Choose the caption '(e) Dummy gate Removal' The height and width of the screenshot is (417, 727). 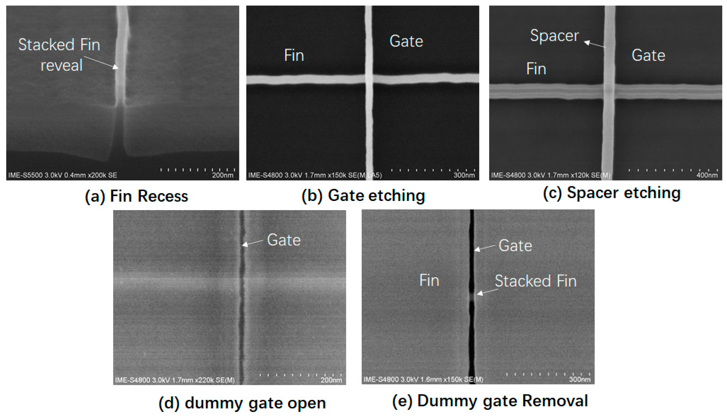[490, 401]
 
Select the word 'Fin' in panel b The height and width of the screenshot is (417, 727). [294, 55]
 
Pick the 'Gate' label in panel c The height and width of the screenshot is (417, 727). [648, 55]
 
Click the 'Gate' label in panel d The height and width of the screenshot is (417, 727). [284, 240]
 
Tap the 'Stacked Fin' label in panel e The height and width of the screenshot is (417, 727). [535, 281]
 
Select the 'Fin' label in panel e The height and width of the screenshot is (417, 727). [429, 280]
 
